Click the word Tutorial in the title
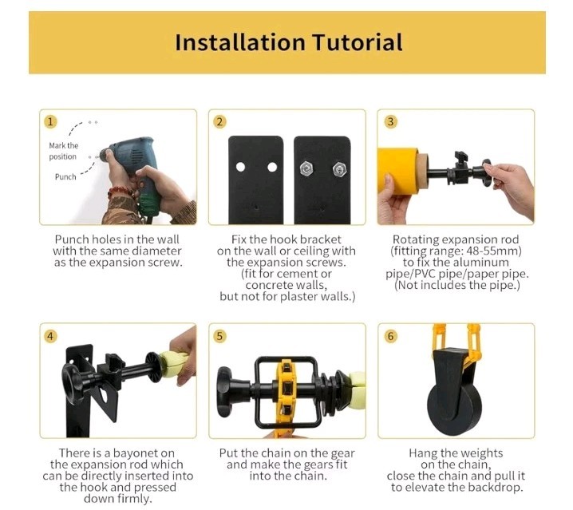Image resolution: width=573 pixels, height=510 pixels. [x=358, y=42]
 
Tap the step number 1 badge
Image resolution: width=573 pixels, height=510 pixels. [x=50, y=122]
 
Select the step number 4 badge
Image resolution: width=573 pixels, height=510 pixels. [x=50, y=336]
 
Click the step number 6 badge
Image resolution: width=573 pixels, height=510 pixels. [x=391, y=336]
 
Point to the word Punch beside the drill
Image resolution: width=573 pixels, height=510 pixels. [x=65, y=177]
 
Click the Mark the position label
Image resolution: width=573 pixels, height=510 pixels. [x=63, y=151]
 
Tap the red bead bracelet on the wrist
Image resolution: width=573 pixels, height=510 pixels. [x=120, y=192]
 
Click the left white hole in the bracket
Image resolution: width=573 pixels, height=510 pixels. [x=240, y=167]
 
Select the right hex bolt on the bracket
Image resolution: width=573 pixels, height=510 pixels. [x=339, y=170]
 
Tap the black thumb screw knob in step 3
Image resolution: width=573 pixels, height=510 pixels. [x=461, y=158]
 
